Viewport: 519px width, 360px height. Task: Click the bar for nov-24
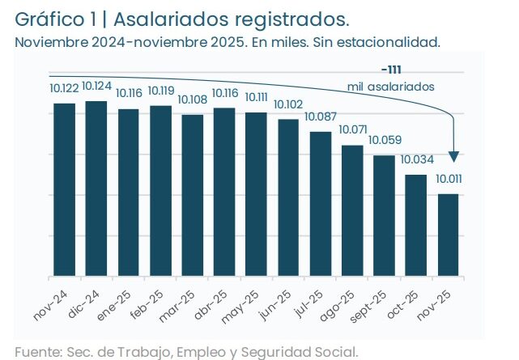click(64, 190)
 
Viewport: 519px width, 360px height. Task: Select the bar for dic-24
click(96, 188)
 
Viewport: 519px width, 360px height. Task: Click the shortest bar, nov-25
click(448, 235)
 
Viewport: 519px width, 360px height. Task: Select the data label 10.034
click(416, 159)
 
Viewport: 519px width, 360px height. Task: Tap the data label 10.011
click(449, 179)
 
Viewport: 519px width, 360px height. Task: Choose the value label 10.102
click(288, 104)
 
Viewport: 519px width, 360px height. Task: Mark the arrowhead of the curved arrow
click(455, 155)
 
